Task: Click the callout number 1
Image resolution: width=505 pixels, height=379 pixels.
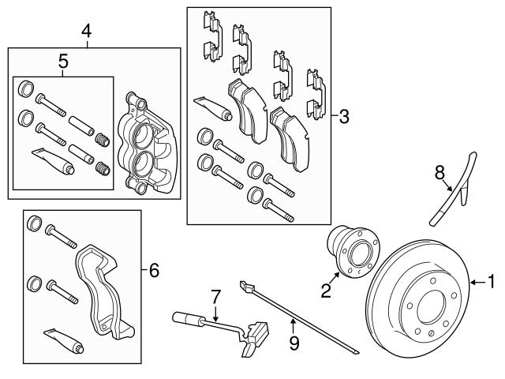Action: (x=492, y=280)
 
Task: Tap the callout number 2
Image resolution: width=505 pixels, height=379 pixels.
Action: (x=325, y=291)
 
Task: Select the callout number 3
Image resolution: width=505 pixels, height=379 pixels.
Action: (x=343, y=117)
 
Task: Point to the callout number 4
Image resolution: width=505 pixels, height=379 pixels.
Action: (x=86, y=31)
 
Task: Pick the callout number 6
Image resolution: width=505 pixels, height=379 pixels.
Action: (x=154, y=271)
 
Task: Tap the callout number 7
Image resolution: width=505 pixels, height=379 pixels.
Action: (x=212, y=297)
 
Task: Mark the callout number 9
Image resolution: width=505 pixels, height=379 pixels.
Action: (x=294, y=343)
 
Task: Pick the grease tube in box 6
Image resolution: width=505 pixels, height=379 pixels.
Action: (x=63, y=340)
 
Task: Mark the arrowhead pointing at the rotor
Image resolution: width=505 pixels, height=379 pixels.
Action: (x=472, y=281)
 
